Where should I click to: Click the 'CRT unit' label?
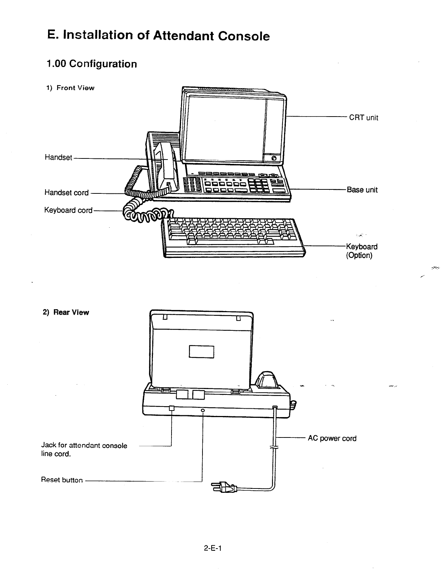pos(363,118)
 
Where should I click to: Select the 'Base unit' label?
pos(362,190)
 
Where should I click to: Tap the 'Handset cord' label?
pos(66,192)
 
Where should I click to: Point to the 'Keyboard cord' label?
pos(68,210)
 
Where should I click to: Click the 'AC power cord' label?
pos(332,438)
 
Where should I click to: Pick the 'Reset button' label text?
pos(62,480)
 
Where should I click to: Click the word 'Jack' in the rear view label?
pos(48,445)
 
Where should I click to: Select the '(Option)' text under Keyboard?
pos(359,255)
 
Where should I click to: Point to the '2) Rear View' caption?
pos(66,312)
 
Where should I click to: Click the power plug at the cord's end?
pos(223,487)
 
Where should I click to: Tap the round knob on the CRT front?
pos(273,158)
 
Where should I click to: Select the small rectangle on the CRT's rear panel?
pos(201,352)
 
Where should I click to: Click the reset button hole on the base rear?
pos(202,411)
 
